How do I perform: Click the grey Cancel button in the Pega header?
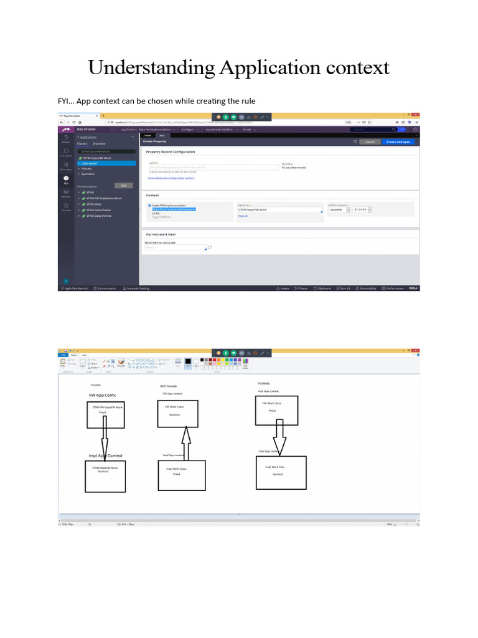pos(369,142)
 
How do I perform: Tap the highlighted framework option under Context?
pos(174,209)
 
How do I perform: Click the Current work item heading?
pos(161,234)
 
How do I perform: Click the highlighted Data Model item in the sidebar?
pos(90,163)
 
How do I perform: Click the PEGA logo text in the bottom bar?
pos(414,288)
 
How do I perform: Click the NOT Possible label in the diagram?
pos(168,386)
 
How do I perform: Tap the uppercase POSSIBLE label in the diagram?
pos(264,383)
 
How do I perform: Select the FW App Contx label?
pos(102,395)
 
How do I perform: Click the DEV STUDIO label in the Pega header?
pos(85,130)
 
